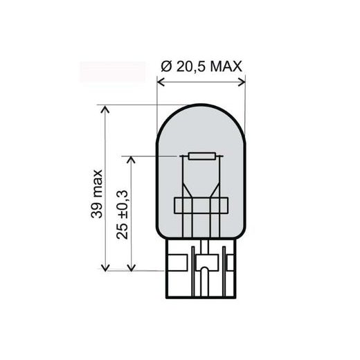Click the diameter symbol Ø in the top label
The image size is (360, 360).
coord(166,66)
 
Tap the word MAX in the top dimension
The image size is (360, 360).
coord(226,66)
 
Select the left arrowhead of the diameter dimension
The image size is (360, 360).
coord(161,82)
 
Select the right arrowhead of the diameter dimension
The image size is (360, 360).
coord(242,82)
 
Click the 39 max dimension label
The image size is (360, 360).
coord(97,194)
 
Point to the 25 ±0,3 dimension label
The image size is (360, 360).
coord(122,215)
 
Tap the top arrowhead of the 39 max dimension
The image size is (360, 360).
coord(105,109)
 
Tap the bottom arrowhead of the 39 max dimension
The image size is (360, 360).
coord(105,267)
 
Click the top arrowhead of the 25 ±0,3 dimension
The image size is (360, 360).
coord(132,160)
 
